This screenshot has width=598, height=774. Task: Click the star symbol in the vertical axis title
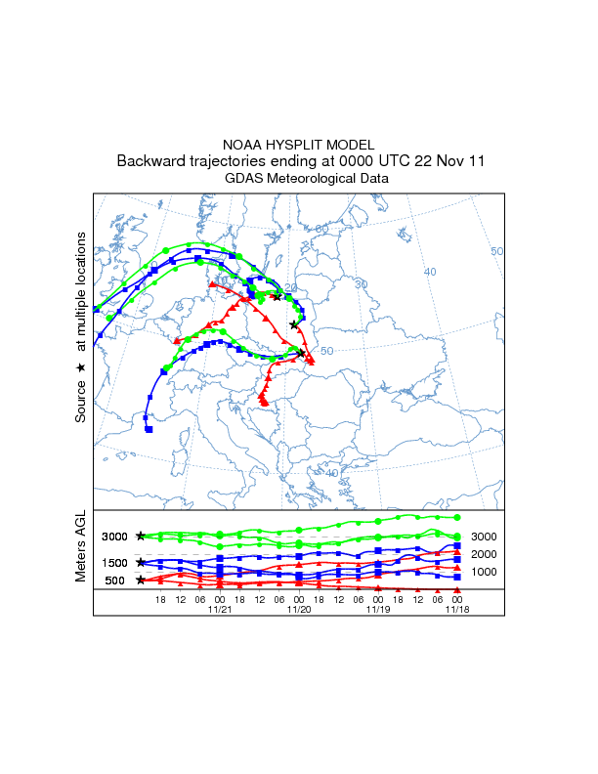(81, 367)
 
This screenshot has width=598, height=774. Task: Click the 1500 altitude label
(114, 563)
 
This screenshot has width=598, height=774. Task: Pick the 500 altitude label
(114, 580)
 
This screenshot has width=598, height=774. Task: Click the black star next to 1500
(141, 563)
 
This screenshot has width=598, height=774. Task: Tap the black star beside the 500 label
(141, 580)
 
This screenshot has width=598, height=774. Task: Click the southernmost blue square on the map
(149, 429)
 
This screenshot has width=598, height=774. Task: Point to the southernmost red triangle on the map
(263, 402)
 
